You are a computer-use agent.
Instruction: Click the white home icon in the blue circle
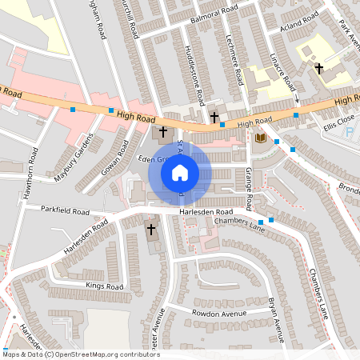pos(180,172)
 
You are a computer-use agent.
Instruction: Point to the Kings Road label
pos(104,286)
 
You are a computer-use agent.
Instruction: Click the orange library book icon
pos(259,138)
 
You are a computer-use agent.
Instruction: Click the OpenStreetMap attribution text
pos(81,354)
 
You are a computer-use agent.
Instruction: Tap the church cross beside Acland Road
pos(318,69)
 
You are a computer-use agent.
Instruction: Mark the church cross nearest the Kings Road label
pos(151,230)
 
